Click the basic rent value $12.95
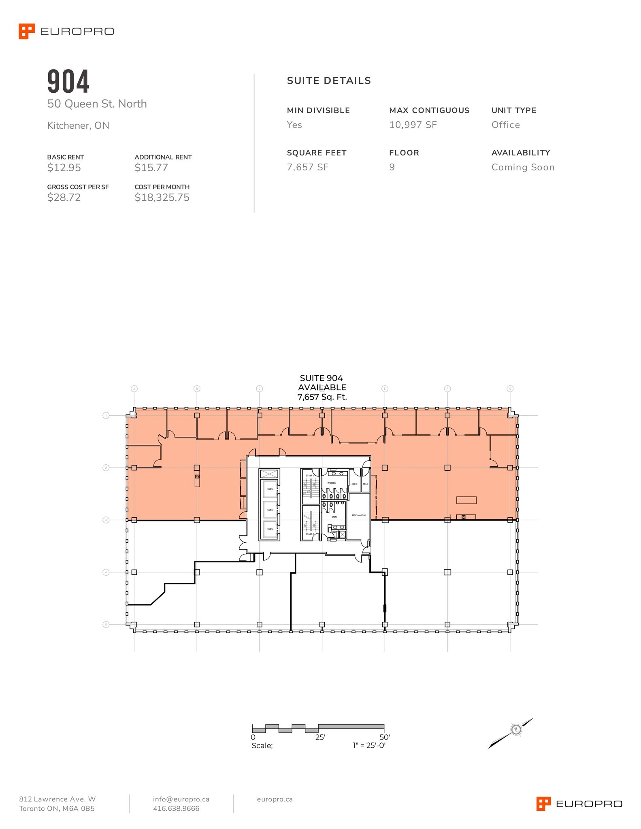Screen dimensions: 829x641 point(64,168)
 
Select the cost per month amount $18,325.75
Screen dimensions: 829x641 point(162,198)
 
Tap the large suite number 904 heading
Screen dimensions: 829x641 point(68,81)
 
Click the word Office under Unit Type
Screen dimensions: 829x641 point(505,125)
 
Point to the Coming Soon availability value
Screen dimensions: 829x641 point(523,167)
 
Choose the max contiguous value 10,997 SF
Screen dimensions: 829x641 point(413,125)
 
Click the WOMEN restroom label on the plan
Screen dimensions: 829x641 point(332,483)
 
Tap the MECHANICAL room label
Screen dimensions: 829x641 point(359,515)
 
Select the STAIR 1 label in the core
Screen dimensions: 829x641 point(310,476)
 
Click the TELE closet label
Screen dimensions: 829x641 point(366,484)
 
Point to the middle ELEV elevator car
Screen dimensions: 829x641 point(270,510)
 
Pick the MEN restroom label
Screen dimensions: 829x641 point(334,517)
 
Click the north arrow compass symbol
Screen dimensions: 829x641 point(515,730)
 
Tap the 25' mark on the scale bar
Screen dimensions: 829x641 point(320,737)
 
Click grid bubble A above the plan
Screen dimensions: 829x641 point(134,389)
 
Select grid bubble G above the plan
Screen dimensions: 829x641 point(510,389)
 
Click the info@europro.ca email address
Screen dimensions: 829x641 point(181,799)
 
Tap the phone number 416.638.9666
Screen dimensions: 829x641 point(176,808)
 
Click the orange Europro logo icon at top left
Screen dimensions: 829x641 point(27,31)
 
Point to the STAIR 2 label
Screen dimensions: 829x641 point(310,534)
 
